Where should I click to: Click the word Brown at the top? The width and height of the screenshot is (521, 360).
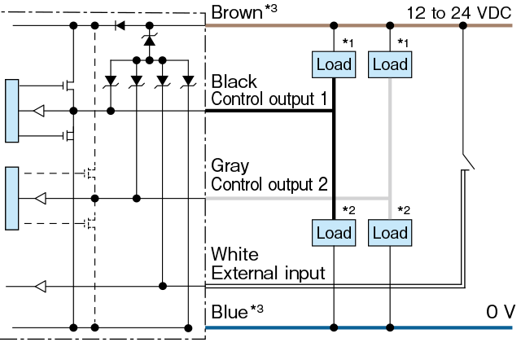[x=237, y=13]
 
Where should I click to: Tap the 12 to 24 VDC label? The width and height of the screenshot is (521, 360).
[x=459, y=13]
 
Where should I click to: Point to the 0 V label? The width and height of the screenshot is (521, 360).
[x=501, y=312]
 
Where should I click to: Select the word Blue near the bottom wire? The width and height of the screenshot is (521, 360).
[x=230, y=312]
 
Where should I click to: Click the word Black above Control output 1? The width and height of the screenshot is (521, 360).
[x=234, y=81]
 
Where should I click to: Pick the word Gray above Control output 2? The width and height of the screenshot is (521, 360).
[x=230, y=166]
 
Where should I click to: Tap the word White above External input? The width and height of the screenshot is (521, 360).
[x=234, y=254]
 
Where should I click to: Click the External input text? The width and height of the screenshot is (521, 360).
[x=268, y=273]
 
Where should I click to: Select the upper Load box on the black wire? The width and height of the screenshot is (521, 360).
[x=334, y=64]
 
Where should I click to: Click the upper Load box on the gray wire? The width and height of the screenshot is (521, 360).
[x=390, y=64]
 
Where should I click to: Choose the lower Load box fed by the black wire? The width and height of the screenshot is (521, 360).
[x=334, y=233]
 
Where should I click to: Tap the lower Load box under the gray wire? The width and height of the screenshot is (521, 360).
[x=390, y=233]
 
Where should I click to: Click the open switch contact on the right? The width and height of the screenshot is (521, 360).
[x=469, y=161]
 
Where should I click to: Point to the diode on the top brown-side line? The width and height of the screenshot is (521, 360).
[x=120, y=25]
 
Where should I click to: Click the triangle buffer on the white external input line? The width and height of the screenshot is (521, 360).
[x=41, y=286]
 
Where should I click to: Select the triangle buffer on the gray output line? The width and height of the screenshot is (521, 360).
[x=41, y=199]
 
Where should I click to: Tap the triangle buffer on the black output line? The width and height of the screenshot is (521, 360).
[x=39, y=111]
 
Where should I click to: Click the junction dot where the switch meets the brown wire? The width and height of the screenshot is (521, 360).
[x=463, y=25]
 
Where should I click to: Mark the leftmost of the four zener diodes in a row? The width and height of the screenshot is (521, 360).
[x=111, y=81]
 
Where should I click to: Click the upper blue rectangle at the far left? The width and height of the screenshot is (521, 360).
[x=12, y=111]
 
